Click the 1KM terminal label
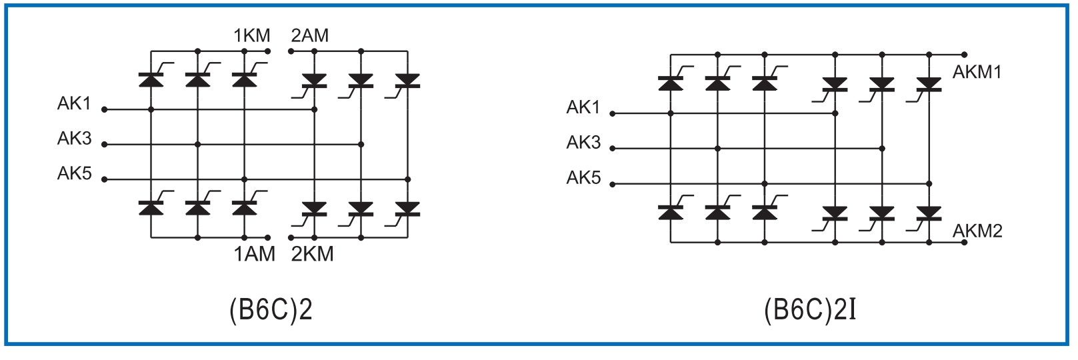[x=251, y=35]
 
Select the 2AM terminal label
[x=309, y=35]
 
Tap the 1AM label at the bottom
[x=254, y=254]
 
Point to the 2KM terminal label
[x=312, y=254]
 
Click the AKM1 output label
[x=977, y=72]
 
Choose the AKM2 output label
[x=977, y=231]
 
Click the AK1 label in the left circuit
[x=74, y=103]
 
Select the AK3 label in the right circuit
[x=583, y=142]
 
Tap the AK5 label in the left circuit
[x=74, y=173]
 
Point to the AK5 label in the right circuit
[x=583, y=177]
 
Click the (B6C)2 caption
[x=271, y=310]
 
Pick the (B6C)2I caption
[x=810, y=310]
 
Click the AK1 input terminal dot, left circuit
[x=104, y=109]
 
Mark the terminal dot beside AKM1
[x=964, y=55]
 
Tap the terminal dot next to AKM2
[x=964, y=242]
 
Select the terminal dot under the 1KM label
[x=268, y=51]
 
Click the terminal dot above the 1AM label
[x=268, y=237]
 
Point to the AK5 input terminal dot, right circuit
[x=613, y=184]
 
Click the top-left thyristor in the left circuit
[x=151, y=79]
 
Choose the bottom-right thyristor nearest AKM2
[x=929, y=213]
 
